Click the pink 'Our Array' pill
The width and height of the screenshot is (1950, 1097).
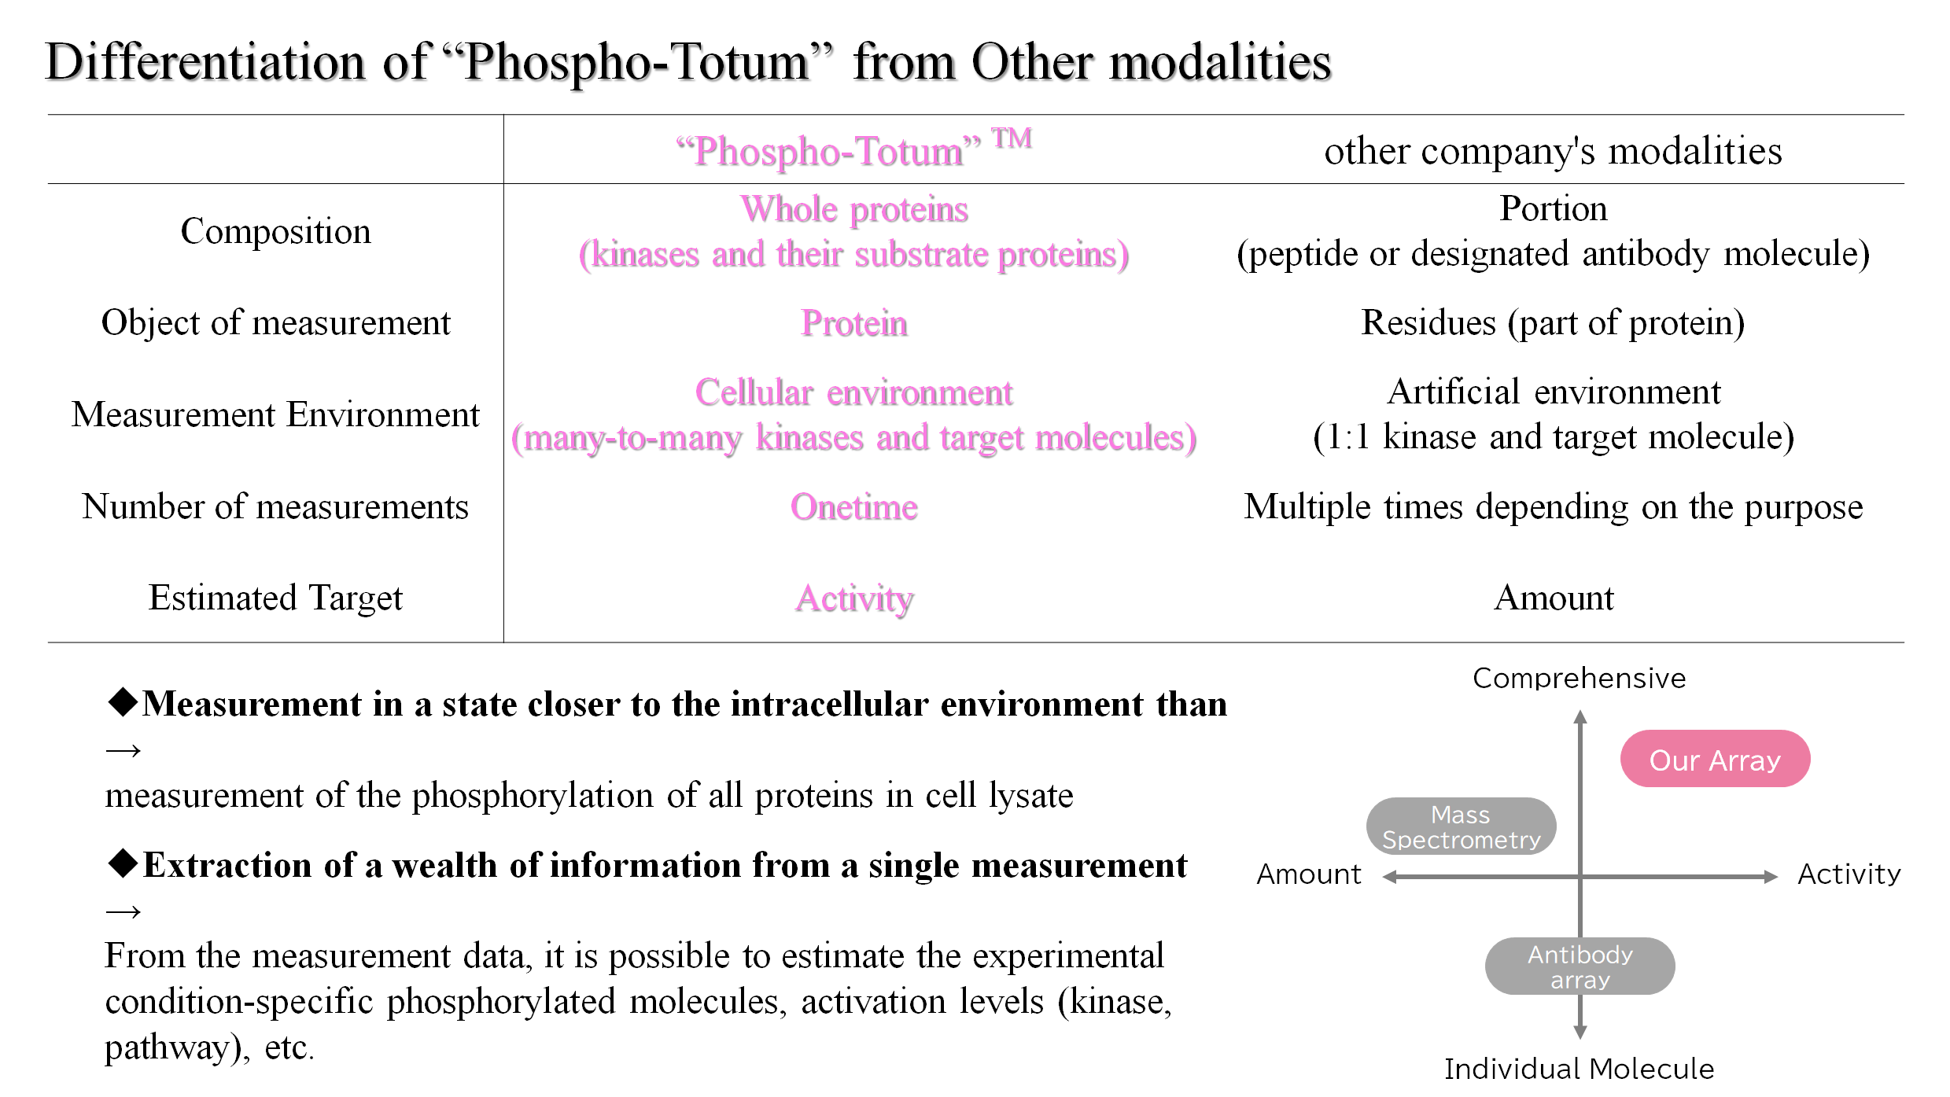1715,760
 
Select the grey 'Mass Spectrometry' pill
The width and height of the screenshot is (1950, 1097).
1461,827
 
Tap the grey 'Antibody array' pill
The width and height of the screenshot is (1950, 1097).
1580,966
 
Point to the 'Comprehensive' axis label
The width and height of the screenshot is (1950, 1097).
1579,679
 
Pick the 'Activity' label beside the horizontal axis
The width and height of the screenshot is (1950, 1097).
1849,874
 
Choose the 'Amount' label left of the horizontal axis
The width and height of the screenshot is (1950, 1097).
1308,874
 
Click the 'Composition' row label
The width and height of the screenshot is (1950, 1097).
275,231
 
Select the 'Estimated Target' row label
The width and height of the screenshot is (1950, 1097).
275,598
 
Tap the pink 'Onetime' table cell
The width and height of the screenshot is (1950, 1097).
853,507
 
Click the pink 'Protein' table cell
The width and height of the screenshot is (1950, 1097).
853,323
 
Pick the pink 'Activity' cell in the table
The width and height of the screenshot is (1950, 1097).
853,598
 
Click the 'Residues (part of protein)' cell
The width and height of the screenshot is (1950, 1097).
1553,322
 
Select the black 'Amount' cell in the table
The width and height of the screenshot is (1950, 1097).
1554,598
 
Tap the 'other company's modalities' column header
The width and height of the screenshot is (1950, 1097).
1553,151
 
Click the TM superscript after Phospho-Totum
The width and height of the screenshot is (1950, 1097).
1011,138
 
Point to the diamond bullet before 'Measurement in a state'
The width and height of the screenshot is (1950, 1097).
123,701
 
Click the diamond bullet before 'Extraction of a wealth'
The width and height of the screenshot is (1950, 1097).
123,863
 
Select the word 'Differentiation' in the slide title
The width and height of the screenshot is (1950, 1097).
205,62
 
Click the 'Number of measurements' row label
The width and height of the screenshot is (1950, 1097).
275,506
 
